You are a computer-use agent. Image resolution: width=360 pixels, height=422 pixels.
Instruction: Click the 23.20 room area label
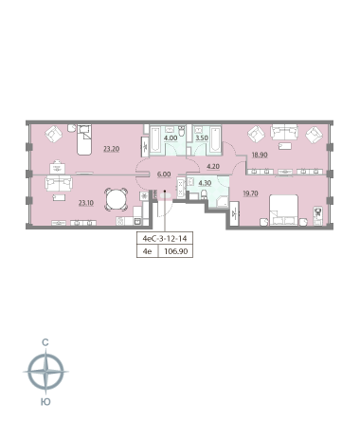coord(112,149)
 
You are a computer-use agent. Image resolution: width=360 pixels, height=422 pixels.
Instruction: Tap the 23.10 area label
coord(86,203)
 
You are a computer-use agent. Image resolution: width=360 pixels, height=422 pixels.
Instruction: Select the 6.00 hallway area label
coord(164,174)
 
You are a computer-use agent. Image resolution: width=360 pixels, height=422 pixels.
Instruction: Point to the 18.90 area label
coord(260,155)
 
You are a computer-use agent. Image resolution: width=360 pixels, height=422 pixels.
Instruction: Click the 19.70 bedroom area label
coord(250,193)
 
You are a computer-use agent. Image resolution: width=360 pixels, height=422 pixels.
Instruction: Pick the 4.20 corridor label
coord(213,166)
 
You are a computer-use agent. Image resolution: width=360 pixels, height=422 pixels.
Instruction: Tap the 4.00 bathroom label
coord(171,138)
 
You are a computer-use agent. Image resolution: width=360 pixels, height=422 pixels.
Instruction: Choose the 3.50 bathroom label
coord(202,138)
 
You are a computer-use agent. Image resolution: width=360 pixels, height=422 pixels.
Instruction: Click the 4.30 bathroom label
coord(205,183)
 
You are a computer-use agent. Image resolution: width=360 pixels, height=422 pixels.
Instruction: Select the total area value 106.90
coord(176,251)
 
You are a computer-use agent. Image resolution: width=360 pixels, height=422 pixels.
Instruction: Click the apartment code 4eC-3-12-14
coord(165,238)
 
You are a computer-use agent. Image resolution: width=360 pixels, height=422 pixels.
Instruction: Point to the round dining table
coord(117,199)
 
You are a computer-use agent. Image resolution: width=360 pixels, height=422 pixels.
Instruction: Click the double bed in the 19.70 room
coord(283,211)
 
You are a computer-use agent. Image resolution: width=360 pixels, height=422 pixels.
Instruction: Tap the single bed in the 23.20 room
coord(84,139)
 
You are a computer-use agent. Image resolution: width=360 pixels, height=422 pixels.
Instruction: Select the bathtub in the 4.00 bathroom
coord(155,140)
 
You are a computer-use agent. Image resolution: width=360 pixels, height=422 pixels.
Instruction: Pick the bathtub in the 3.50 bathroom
coord(216,139)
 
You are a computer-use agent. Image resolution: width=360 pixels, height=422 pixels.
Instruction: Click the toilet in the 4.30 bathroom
coord(204,194)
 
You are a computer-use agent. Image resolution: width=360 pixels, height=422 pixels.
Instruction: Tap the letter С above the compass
coord(45,342)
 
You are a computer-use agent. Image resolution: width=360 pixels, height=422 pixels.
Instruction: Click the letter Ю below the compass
coord(45,402)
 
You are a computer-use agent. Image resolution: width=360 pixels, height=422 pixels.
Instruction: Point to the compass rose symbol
coord(46,372)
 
